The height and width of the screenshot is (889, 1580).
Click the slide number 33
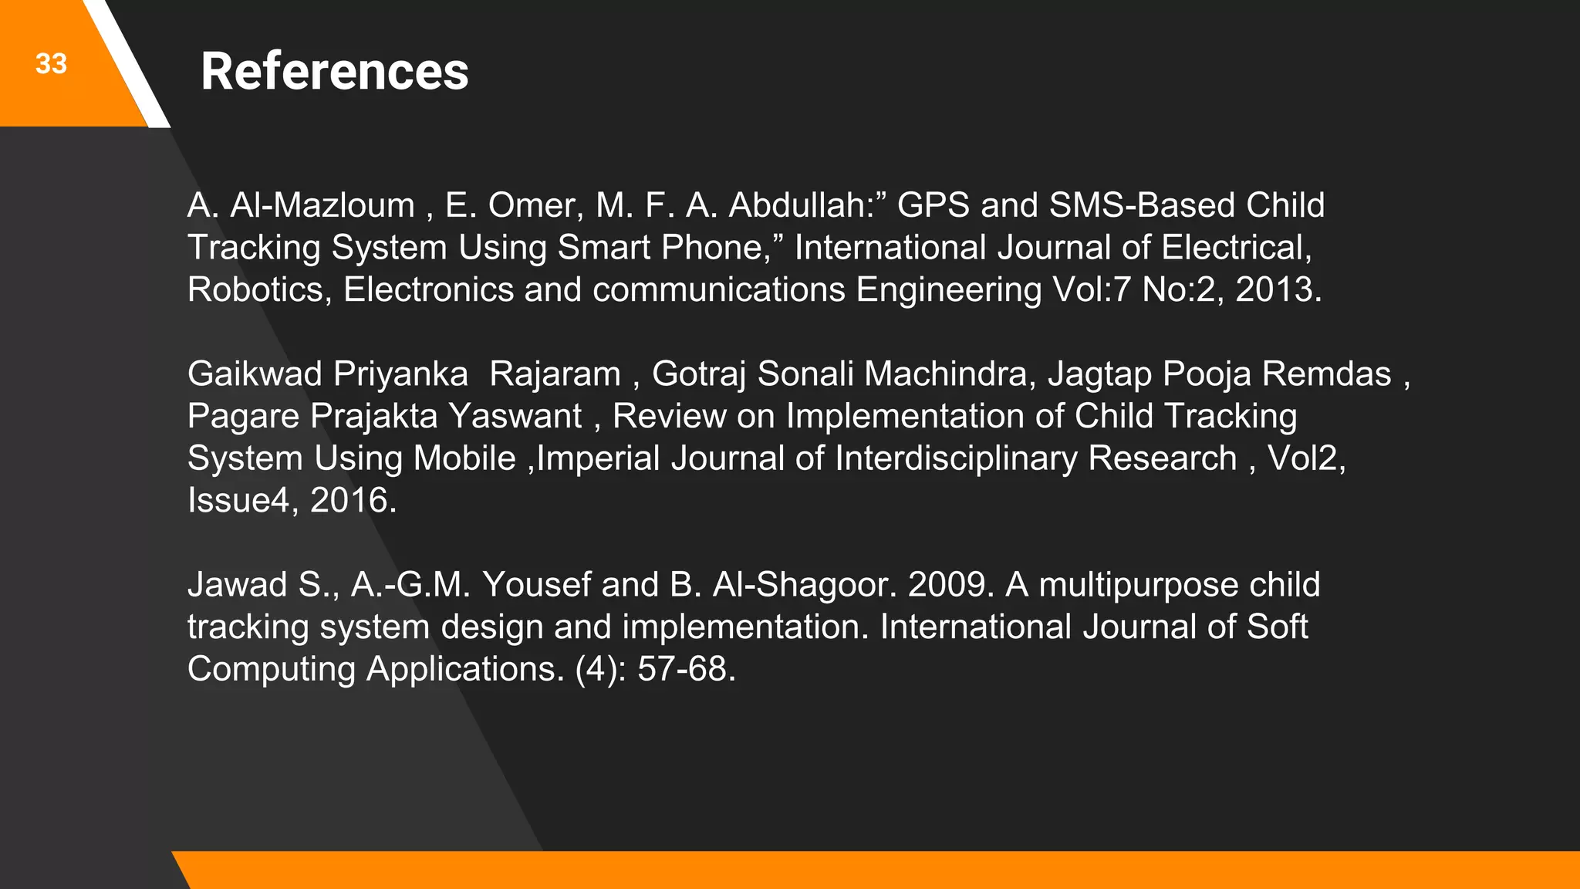pos(51,64)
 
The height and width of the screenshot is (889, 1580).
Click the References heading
pos(334,72)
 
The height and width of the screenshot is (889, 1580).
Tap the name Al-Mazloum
pos(322,206)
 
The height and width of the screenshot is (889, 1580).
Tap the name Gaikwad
pos(254,374)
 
